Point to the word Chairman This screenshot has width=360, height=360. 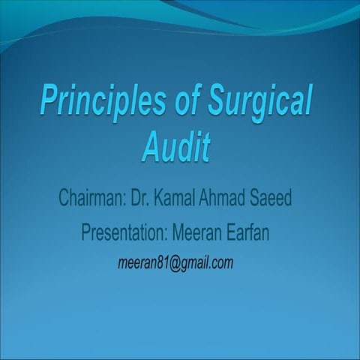coord(90,201)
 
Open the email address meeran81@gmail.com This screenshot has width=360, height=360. coord(175,263)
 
